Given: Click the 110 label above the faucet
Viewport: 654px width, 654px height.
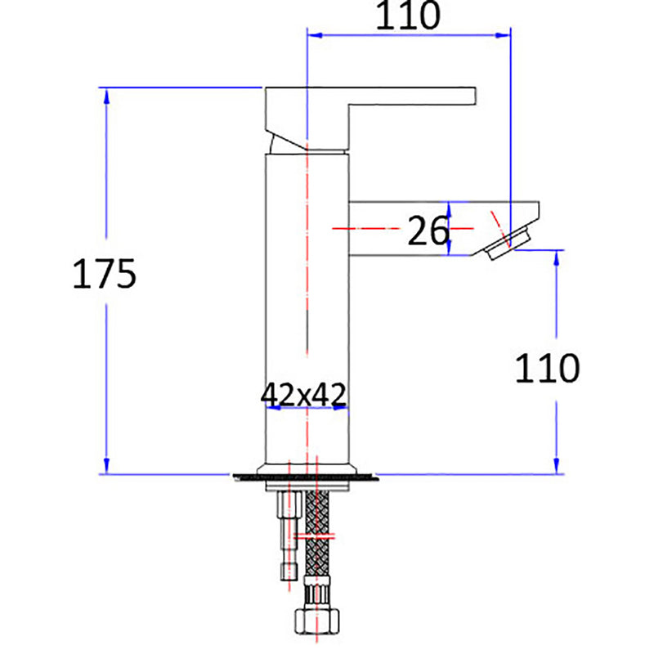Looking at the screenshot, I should pos(407,16).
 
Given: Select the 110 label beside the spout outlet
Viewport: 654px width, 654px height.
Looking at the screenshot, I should pos(547,369).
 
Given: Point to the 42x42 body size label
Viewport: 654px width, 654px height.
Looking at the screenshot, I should pos(304,394).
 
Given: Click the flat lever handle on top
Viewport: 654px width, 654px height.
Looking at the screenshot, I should pos(409,96).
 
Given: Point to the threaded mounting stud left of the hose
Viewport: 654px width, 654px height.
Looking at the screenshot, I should pos(286,531).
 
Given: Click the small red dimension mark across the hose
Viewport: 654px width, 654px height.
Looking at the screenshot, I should pos(315,537).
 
